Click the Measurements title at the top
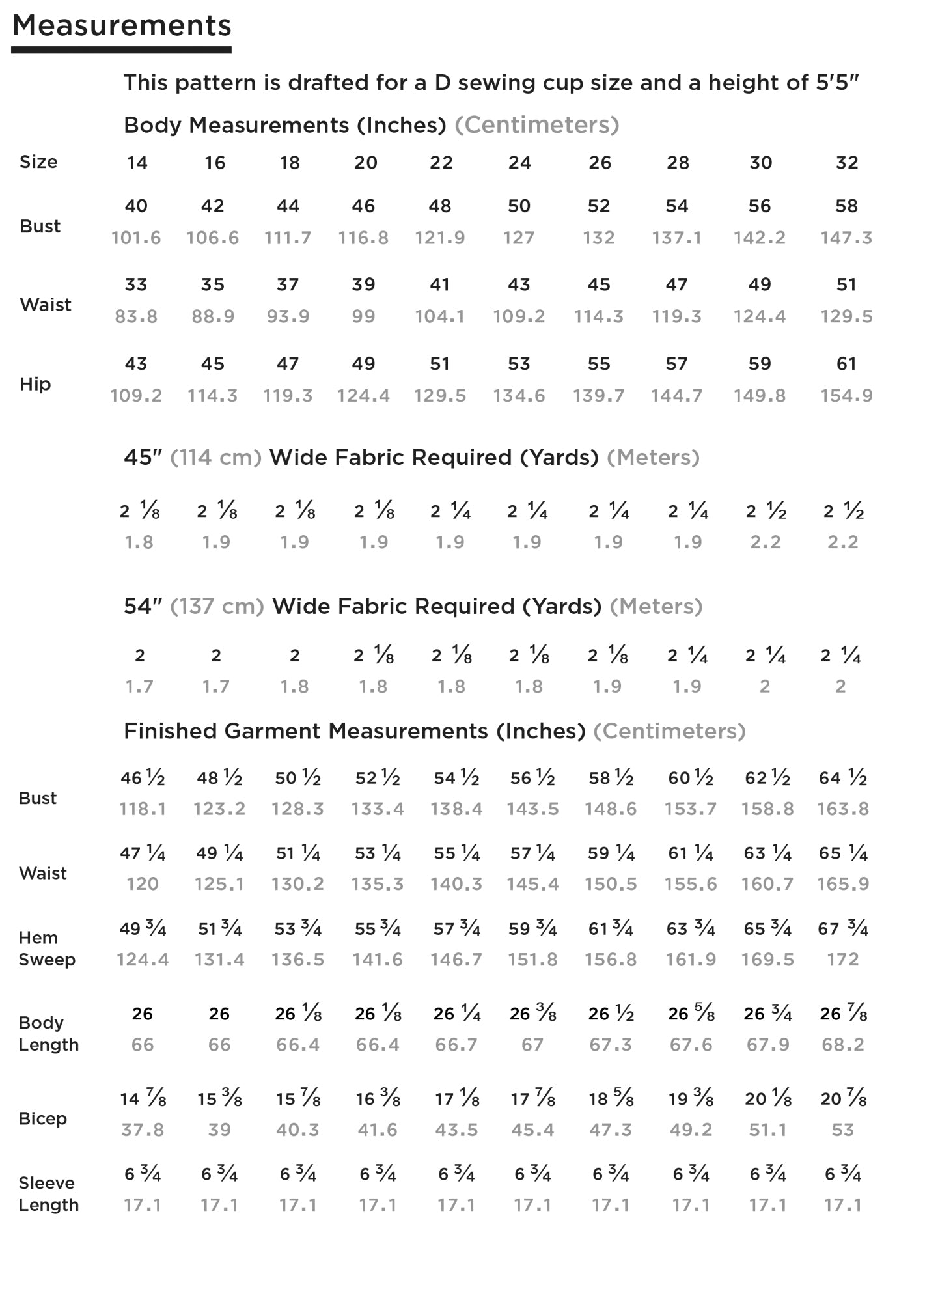coord(122,26)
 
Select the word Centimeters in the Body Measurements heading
coord(536,125)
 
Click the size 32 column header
coord(847,163)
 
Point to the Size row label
coord(38,162)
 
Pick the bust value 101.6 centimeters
coord(136,238)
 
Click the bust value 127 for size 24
coord(519,238)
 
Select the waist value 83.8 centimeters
coord(136,317)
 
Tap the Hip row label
coord(35,384)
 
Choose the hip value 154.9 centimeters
coord(846,396)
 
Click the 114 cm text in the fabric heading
coord(215,458)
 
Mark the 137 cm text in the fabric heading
coord(217,607)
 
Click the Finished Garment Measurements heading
coord(355,731)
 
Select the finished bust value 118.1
coord(143,809)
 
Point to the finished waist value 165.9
coord(843,884)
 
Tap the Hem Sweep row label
coord(47,949)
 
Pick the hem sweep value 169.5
coord(767,960)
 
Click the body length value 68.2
coord(843,1045)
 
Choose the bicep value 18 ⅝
coord(611,1100)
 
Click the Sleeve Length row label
coord(48,1194)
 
